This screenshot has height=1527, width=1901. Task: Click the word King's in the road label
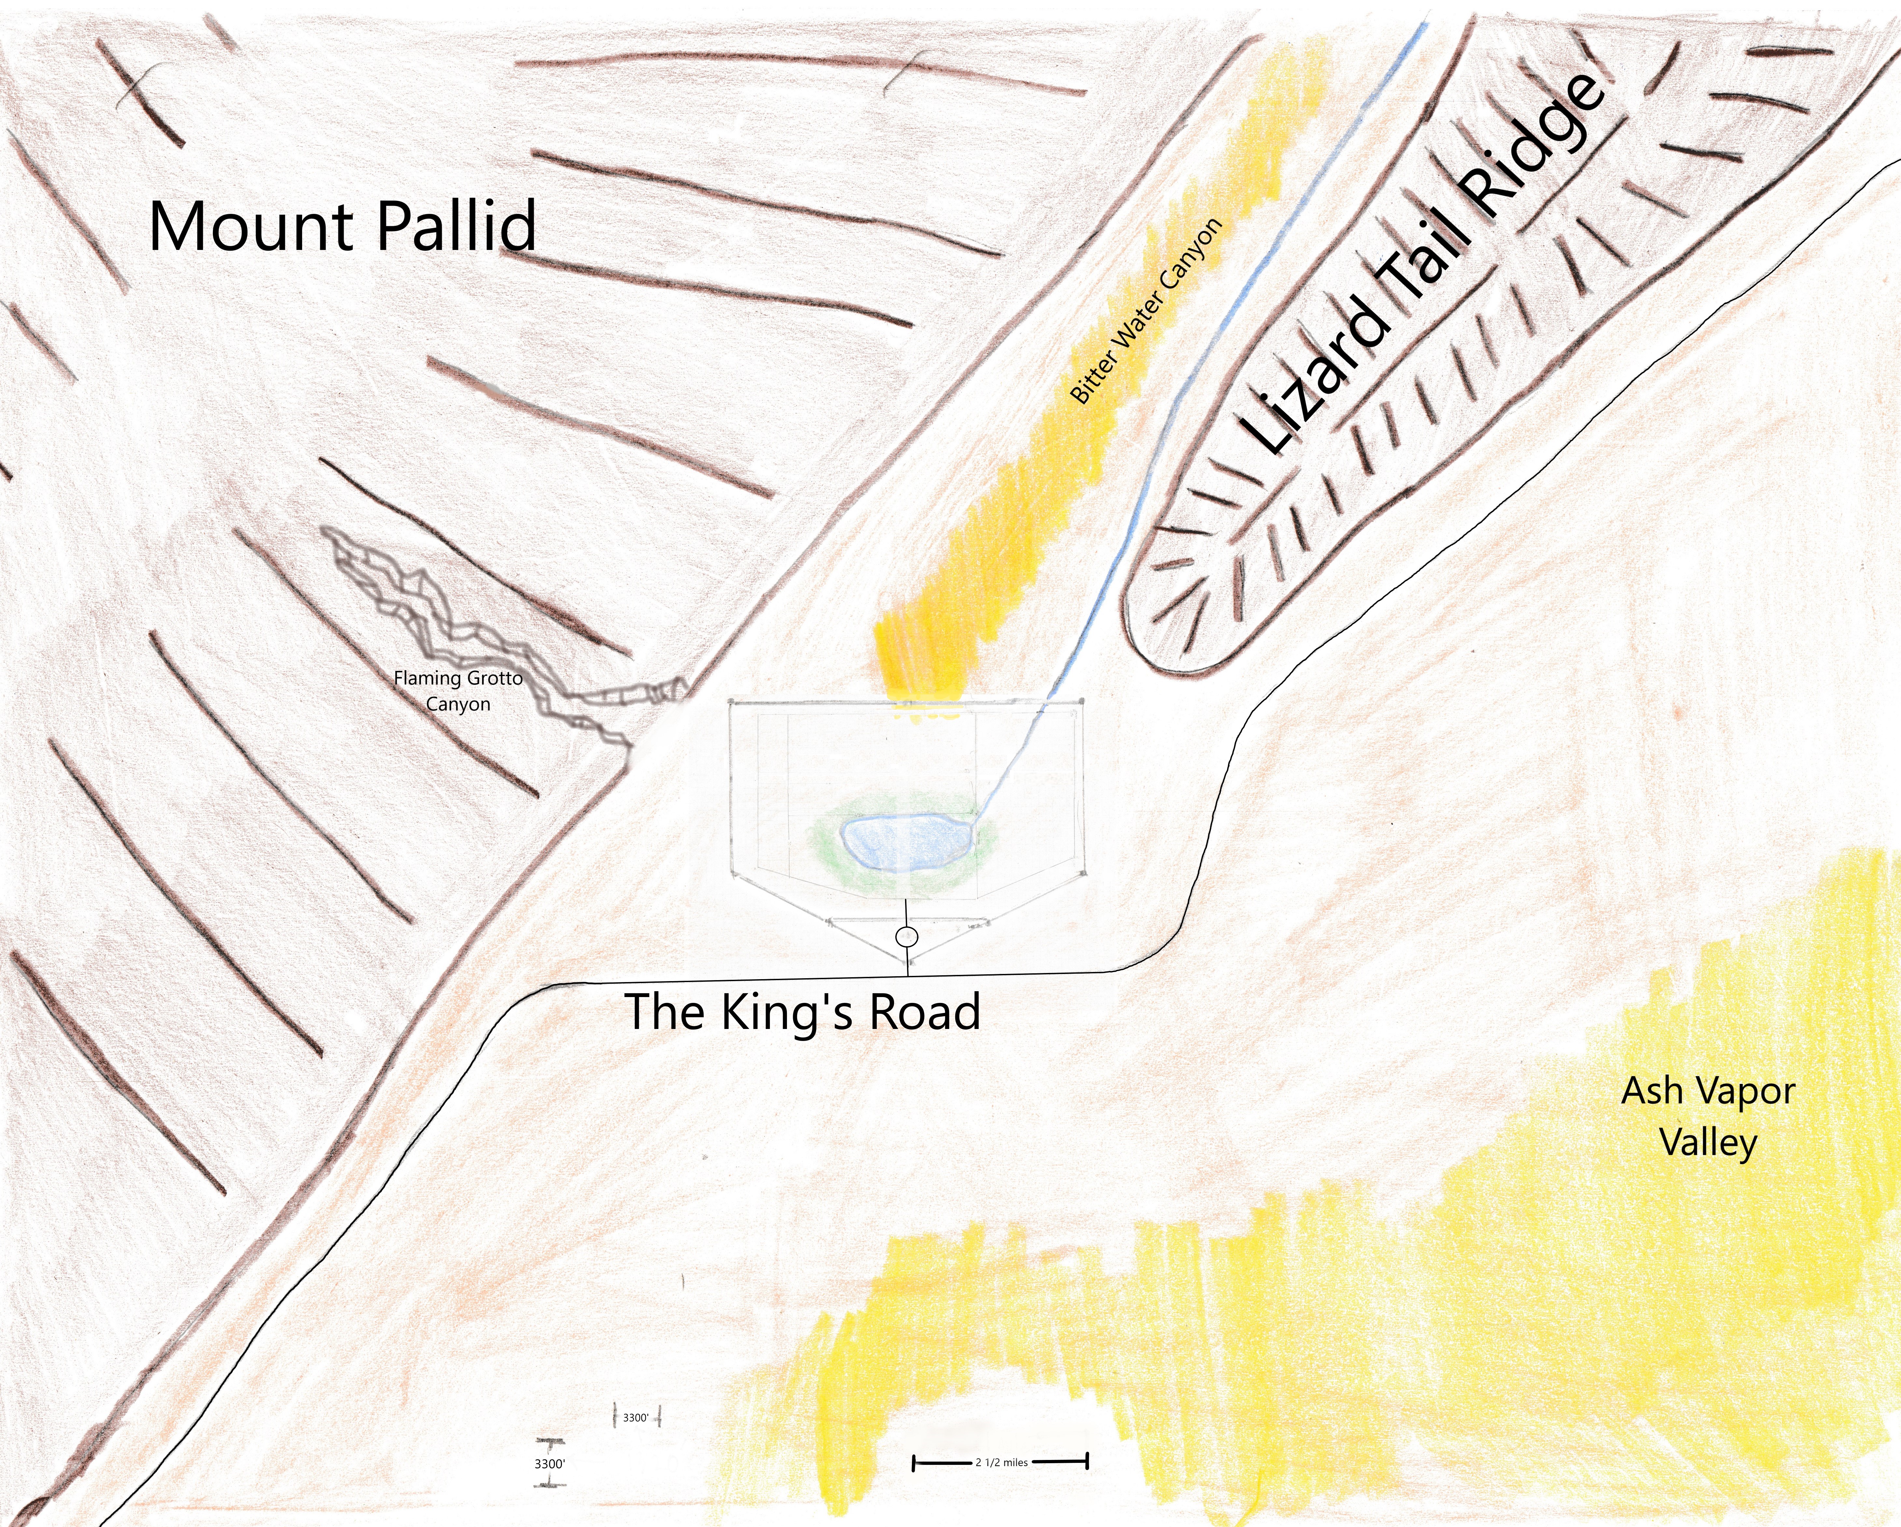coord(787,1012)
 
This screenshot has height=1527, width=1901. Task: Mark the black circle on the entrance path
coord(906,936)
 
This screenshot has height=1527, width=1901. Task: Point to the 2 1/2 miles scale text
coord(1002,1462)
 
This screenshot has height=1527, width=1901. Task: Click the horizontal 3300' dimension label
coord(636,1418)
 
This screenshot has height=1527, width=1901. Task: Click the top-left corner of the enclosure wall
coord(731,703)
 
